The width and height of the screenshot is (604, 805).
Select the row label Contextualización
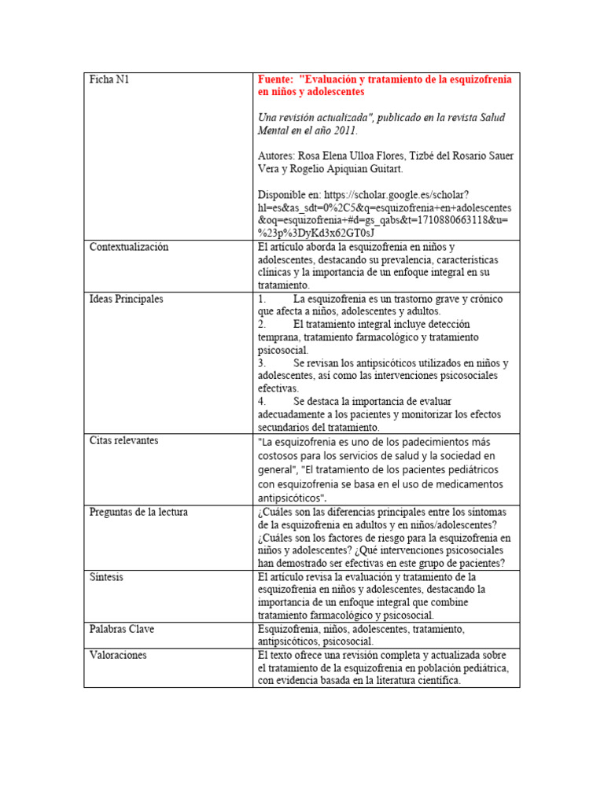[129, 247]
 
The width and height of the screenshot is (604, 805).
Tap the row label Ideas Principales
[126, 300]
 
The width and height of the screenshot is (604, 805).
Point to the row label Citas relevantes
[123, 440]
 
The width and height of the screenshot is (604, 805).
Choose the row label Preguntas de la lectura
[138, 513]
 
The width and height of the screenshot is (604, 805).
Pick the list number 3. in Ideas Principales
[262, 363]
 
